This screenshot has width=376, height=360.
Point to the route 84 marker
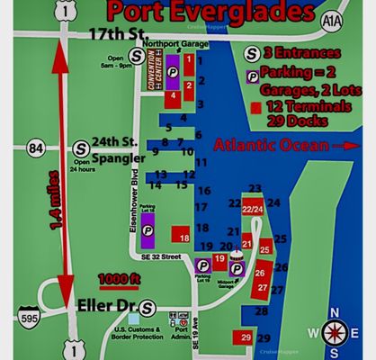36,148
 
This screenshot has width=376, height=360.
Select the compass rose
337,330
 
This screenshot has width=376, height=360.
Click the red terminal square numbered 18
184,237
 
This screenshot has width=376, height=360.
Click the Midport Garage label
237,283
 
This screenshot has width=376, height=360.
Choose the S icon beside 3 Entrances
254,54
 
